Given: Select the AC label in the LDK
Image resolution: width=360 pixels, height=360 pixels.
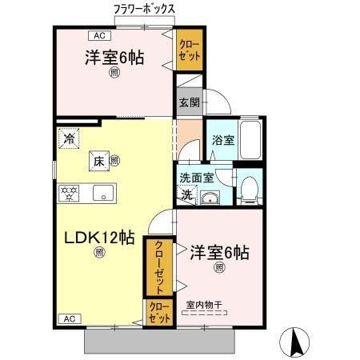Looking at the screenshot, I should (x=70, y=318).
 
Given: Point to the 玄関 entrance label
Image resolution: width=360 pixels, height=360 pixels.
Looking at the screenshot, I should (x=190, y=102).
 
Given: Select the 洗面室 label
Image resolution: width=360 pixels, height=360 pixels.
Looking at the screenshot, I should (x=196, y=177).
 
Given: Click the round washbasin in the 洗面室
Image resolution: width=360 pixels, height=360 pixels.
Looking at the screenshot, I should (x=212, y=198).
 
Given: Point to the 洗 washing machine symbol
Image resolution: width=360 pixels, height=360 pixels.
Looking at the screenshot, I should (x=186, y=194).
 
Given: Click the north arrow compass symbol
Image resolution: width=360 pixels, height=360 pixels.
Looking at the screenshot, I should (x=298, y=342).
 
